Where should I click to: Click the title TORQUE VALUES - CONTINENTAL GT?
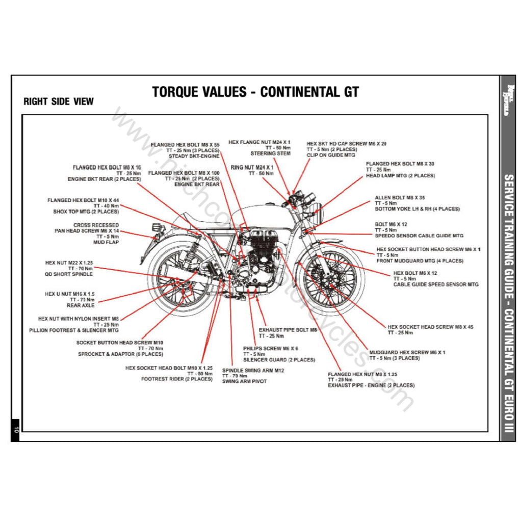coord(255,92)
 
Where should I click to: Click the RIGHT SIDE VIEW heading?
coord(59,101)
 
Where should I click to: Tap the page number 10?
coord(16,429)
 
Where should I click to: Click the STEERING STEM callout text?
coord(270,153)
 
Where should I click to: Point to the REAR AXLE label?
coord(81,306)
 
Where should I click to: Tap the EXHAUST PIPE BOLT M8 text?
coord(288,330)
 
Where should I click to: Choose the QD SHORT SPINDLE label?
coord(69,274)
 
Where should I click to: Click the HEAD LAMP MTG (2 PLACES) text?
coord(400,176)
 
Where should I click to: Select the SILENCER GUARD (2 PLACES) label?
coord(279,360)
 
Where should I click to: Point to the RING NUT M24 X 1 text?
coord(252,167)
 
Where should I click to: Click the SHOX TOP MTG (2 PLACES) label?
coord(86,212)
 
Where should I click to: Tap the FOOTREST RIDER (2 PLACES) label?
coord(177,379)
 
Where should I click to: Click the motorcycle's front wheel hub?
coord(330,280)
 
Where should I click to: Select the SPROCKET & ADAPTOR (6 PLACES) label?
coord(120,354)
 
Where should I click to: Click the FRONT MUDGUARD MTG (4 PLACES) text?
coord(420,261)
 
